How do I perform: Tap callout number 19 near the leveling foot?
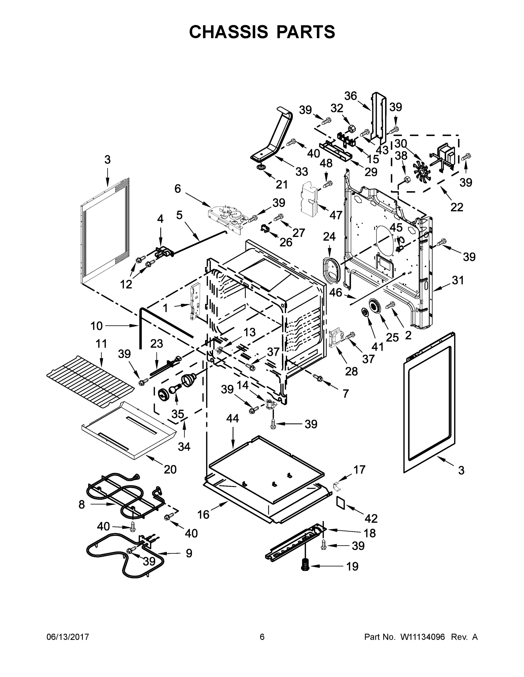coord(352,566)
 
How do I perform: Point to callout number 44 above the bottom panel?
coord(232,419)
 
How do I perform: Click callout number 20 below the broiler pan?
coord(170,469)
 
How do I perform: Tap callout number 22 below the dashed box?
coord(457,207)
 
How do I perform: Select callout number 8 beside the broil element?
coord(82,504)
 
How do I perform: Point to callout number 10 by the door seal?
coord(97,326)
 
